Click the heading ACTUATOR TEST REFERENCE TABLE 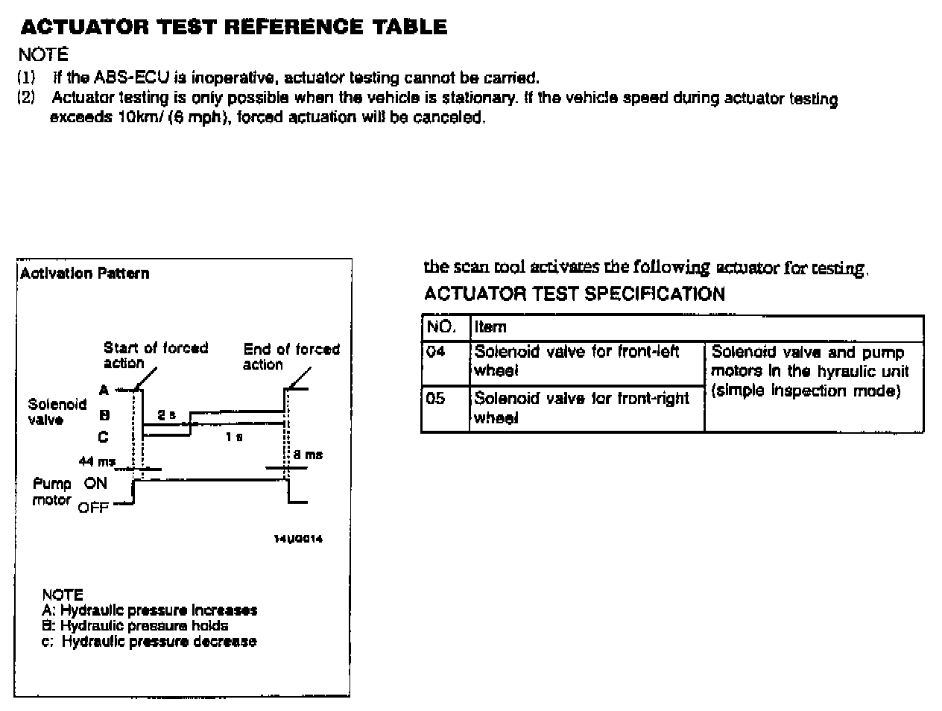coord(234,28)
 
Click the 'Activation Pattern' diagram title coord(84,274)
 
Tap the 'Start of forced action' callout coord(155,355)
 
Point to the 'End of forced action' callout coord(291,356)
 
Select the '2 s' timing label coord(166,414)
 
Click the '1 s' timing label coord(234,437)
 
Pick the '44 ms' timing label coord(97,462)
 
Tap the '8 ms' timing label coord(313,455)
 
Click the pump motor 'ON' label coord(95,483)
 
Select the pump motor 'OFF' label coord(93,508)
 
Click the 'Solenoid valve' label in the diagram coord(57,411)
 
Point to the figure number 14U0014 coord(298,539)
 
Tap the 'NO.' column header coord(441,326)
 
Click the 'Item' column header coord(490,326)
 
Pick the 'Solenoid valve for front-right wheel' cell coord(581,408)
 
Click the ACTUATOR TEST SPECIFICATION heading coord(574,294)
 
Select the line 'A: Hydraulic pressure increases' coord(150,610)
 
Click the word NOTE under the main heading coord(43,54)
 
